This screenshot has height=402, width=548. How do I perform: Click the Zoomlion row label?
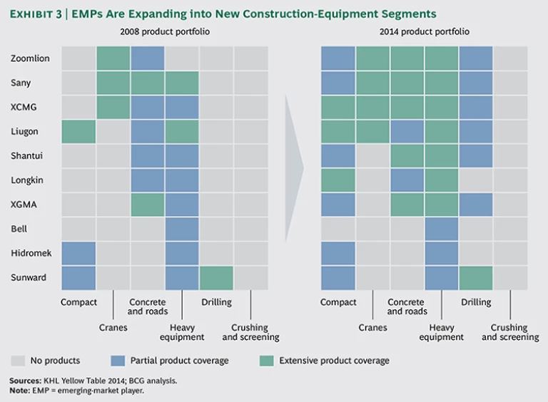(x=30, y=58)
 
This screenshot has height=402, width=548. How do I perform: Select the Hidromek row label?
(x=31, y=253)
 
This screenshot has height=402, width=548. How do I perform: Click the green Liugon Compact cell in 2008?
(x=78, y=131)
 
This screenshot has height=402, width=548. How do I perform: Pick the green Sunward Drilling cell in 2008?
(x=216, y=277)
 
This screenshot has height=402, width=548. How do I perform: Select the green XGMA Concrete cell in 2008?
(x=148, y=205)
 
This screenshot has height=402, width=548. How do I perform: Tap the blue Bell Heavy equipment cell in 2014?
(x=442, y=229)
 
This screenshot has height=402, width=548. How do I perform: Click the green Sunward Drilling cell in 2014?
(x=476, y=277)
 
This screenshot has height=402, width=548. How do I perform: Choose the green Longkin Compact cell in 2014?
(x=338, y=180)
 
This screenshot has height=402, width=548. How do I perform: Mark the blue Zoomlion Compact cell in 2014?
(x=338, y=58)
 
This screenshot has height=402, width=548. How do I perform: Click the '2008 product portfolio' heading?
(x=165, y=32)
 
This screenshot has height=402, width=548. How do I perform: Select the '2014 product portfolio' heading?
(x=425, y=32)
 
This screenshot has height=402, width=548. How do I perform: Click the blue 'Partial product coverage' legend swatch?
(x=118, y=360)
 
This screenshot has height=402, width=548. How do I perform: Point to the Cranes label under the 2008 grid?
(x=113, y=328)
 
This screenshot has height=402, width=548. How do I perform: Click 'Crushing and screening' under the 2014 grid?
(x=510, y=332)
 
